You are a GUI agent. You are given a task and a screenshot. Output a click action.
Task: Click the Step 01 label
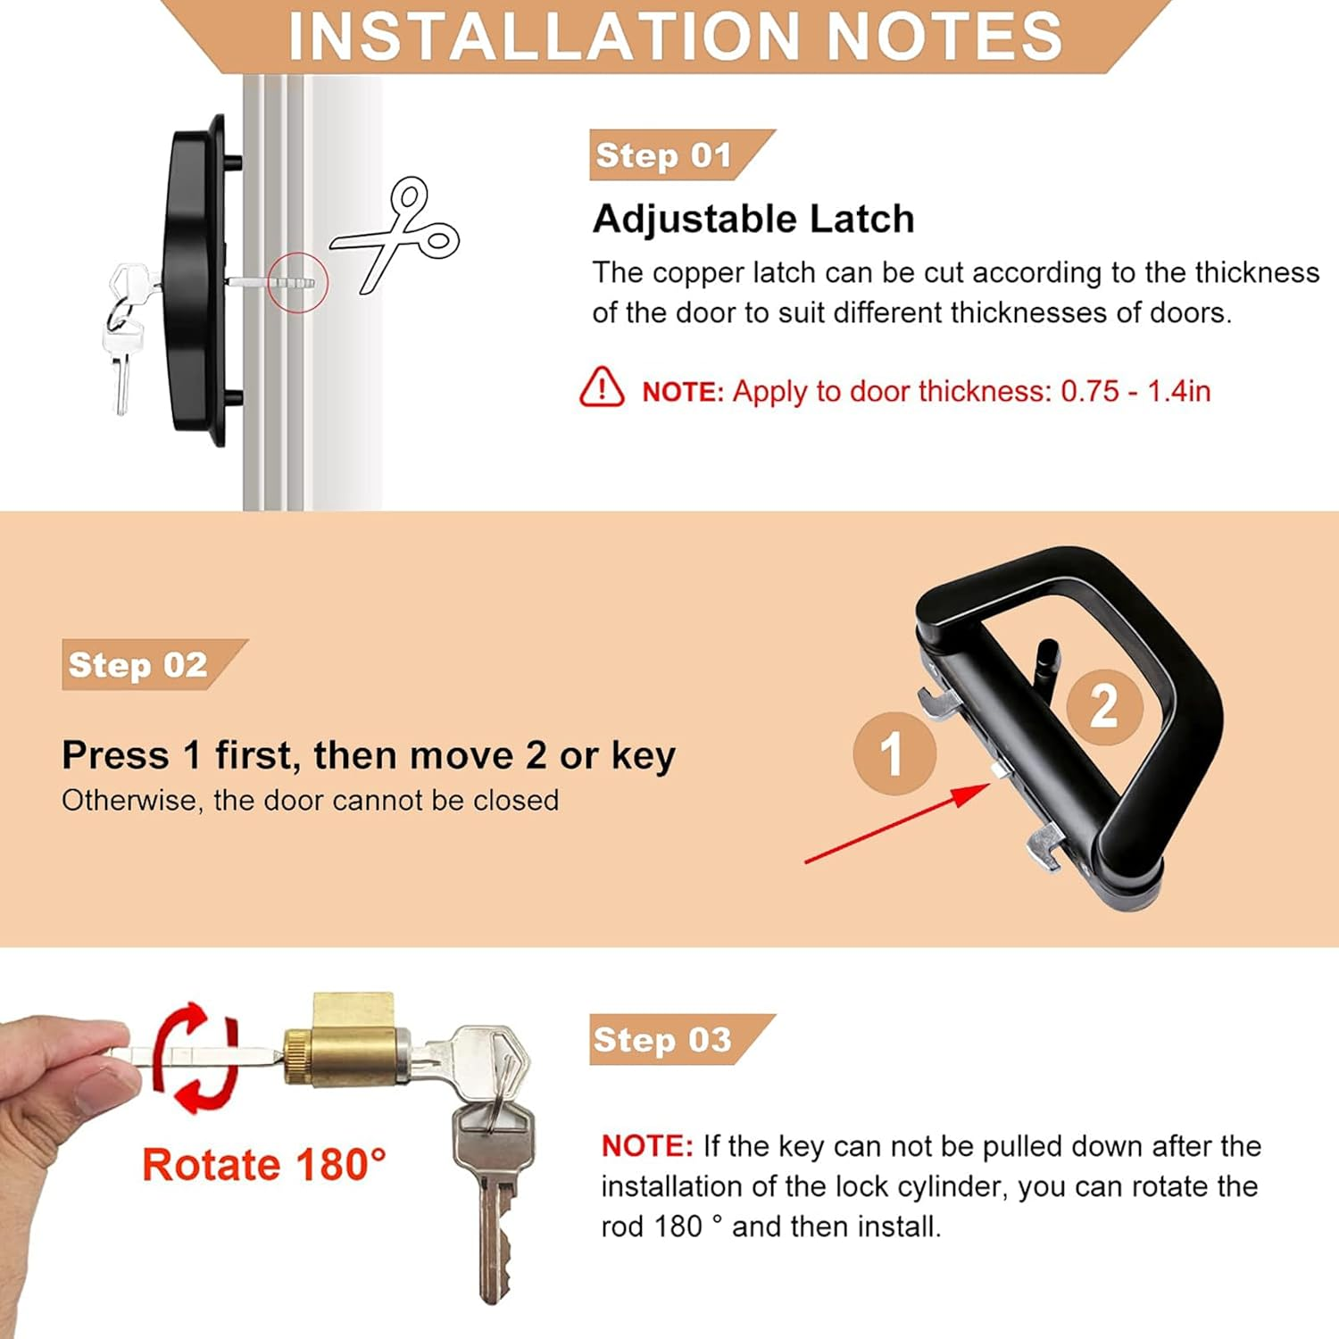click(664, 155)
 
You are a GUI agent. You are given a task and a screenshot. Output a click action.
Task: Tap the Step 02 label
click(138, 665)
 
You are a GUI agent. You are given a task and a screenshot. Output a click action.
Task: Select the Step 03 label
click(663, 1040)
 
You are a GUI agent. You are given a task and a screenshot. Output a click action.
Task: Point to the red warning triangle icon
click(602, 387)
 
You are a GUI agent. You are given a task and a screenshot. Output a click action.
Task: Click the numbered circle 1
click(894, 753)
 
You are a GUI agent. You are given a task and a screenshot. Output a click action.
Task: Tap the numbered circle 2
click(1104, 707)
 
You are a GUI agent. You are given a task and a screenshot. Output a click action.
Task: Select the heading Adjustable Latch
click(753, 219)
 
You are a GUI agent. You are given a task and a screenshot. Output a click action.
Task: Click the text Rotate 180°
click(264, 1165)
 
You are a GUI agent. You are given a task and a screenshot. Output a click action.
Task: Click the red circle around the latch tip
click(297, 282)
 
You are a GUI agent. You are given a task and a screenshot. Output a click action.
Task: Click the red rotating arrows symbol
click(196, 1057)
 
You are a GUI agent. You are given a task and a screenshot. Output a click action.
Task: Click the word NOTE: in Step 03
click(647, 1146)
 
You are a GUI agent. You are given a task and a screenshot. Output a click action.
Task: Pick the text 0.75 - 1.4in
click(1135, 391)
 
